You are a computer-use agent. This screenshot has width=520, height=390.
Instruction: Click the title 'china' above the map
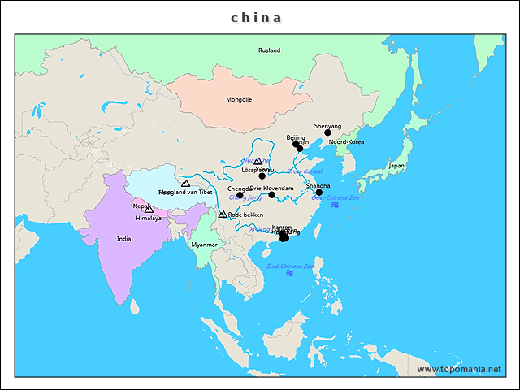(257, 17)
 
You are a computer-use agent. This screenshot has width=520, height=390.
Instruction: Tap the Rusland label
(269, 50)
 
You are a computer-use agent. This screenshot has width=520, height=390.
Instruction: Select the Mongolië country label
(239, 100)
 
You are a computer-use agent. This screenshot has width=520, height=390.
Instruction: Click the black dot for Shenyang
(328, 132)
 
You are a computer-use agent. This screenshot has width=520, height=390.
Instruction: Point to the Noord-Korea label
(347, 142)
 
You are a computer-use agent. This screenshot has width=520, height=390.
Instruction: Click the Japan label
(396, 166)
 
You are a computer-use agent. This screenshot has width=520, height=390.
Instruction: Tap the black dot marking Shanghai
(319, 193)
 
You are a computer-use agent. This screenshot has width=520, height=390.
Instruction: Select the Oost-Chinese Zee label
(335, 197)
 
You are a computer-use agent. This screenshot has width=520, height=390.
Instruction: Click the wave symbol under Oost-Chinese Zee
(335, 205)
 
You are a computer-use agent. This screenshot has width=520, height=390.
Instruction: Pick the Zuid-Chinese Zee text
(290, 266)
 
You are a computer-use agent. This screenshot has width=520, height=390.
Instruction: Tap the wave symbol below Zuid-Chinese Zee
(290, 274)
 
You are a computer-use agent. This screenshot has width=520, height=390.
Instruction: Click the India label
(123, 239)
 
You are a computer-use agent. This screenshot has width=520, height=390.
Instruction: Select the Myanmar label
(204, 245)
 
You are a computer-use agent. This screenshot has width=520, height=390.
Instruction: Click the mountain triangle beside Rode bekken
(223, 214)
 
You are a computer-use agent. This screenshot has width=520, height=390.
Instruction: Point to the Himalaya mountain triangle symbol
(149, 210)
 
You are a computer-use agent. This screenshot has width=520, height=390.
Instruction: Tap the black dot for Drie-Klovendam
(272, 195)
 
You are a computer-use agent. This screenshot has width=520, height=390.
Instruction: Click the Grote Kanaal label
(305, 171)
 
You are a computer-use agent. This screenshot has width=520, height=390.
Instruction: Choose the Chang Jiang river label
(245, 197)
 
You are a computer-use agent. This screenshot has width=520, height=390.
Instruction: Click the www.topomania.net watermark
(459, 369)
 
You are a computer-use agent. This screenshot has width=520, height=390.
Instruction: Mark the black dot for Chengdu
(240, 195)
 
